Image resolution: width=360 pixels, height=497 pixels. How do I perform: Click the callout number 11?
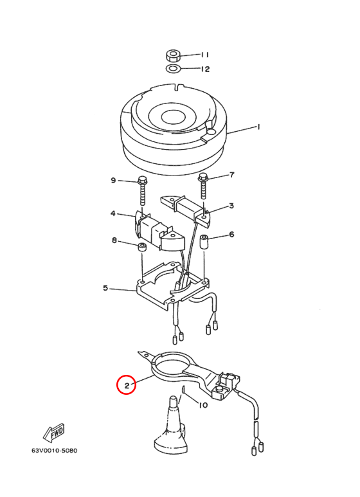(x=205, y=55)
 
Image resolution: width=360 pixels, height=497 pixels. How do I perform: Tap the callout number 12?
(x=205, y=69)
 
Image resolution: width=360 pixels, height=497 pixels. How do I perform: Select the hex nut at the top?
(x=173, y=56)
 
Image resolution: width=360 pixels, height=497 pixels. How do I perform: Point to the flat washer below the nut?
(x=173, y=68)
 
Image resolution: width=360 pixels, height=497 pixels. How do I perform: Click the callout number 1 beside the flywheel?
(x=258, y=127)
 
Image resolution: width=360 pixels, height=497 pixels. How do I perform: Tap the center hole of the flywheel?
(x=173, y=117)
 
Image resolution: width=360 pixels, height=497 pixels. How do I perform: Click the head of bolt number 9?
(x=142, y=181)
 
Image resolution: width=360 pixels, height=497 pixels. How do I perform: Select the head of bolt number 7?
(x=203, y=177)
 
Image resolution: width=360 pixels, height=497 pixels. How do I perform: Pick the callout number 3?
(x=231, y=206)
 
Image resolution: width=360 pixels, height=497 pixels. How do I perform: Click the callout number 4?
(x=113, y=213)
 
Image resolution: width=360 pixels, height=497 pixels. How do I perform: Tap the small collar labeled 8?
(x=142, y=247)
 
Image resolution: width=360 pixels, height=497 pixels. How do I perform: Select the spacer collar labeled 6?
(x=204, y=241)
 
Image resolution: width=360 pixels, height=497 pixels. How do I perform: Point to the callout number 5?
(x=105, y=289)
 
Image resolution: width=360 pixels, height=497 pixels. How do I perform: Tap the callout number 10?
(x=203, y=405)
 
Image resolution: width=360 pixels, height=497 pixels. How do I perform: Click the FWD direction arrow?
(x=54, y=433)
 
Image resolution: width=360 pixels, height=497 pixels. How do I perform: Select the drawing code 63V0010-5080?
(x=54, y=450)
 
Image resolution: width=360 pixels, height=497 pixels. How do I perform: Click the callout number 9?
(x=113, y=181)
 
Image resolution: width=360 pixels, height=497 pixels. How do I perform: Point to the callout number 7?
(x=231, y=175)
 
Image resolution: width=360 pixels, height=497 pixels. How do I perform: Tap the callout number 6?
(x=231, y=234)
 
